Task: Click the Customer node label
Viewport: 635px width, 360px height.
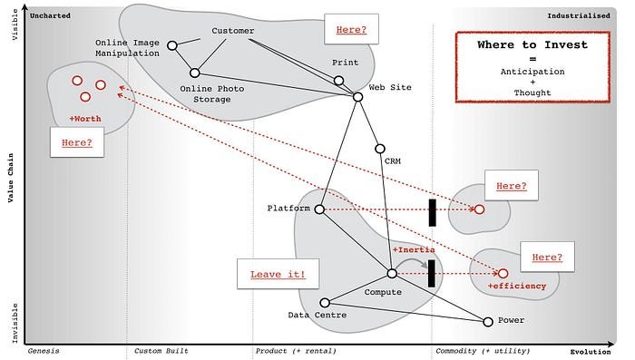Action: [232, 31]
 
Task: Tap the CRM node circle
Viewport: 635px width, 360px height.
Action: [380, 149]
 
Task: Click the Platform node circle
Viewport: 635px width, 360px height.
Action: [319, 209]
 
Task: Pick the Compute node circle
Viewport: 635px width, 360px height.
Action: [392, 273]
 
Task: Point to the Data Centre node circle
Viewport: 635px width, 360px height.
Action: [325, 303]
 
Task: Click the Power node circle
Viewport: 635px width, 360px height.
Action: [488, 321]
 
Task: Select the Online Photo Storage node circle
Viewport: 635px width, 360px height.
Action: [194, 73]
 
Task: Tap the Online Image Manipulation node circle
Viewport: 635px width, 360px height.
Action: [171, 43]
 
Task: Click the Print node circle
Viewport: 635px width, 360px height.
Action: [338, 81]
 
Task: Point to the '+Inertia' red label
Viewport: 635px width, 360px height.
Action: [414, 249]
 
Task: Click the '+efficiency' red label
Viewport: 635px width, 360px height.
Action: [517, 287]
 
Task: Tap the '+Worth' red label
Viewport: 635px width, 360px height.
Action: [85, 119]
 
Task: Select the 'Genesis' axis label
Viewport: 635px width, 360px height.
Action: [45, 350]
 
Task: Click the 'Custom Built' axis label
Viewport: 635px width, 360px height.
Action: [161, 350]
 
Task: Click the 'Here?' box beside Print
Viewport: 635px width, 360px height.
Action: [351, 30]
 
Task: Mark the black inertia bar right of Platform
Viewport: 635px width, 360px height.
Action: [433, 212]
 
